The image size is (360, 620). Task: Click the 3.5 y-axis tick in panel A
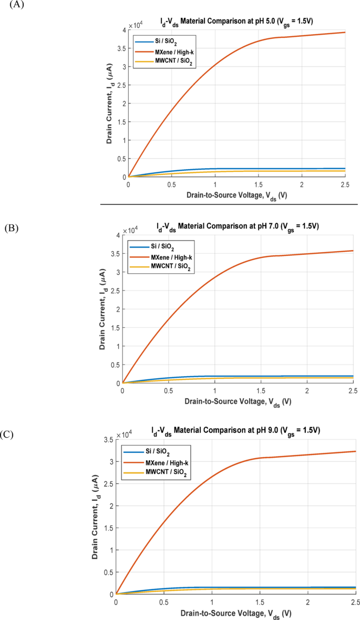(120, 48)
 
